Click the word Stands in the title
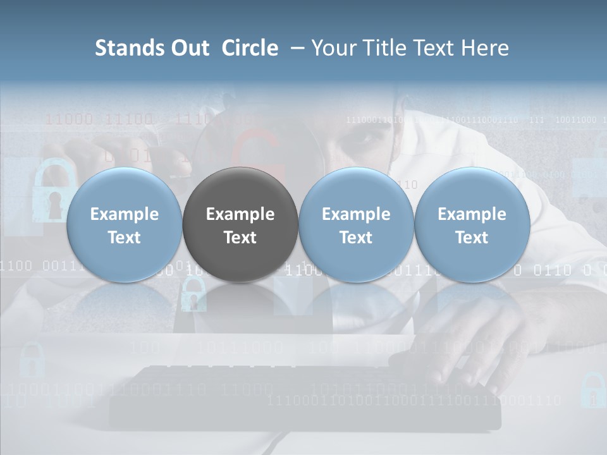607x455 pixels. [x=126, y=48]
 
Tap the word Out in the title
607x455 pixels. [x=188, y=48]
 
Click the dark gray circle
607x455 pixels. [x=240, y=224]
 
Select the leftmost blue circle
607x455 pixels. [x=124, y=224]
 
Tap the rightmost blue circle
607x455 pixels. [x=472, y=224]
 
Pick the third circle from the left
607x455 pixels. [x=356, y=224]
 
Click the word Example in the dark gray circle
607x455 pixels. [x=240, y=214]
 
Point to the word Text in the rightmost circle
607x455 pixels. [x=472, y=238]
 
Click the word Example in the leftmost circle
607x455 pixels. [x=124, y=214]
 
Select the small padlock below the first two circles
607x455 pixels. [x=193, y=294]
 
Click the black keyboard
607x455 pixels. [x=303, y=395]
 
